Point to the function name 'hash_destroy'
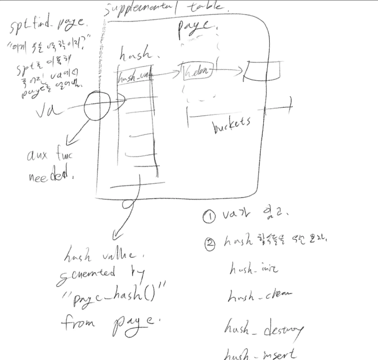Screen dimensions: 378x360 point(264,330)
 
